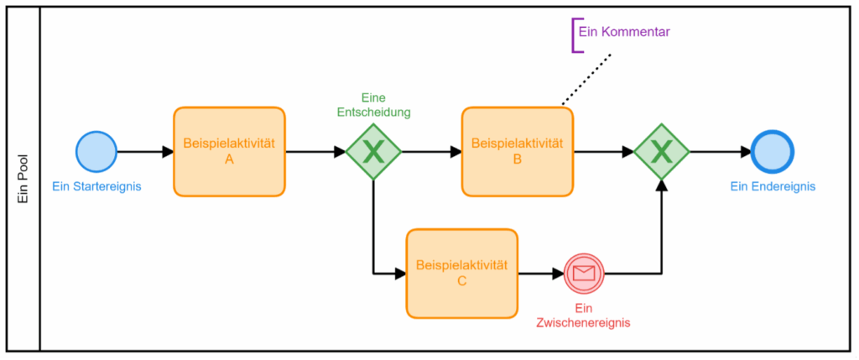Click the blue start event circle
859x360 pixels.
click(x=96, y=152)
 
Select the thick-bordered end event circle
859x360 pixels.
click(x=773, y=152)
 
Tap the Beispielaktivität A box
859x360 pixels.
click(x=230, y=151)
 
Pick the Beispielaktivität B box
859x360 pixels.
click(x=518, y=151)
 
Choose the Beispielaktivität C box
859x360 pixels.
click(x=462, y=273)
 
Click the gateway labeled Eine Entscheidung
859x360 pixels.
click(x=373, y=152)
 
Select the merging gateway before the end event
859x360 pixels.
click(x=662, y=152)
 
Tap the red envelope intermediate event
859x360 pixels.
click(x=584, y=273)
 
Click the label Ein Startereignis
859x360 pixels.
click(x=97, y=186)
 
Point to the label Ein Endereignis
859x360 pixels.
click(x=773, y=186)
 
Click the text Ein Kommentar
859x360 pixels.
click(x=624, y=32)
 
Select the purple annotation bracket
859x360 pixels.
click(x=574, y=35)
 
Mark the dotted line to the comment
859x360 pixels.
click(x=586, y=79)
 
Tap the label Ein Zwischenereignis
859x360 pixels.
click(x=584, y=315)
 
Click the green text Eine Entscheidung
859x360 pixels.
click(x=373, y=105)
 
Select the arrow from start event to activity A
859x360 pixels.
click(x=145, y=152)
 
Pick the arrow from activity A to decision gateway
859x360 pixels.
click(x=315, y=152)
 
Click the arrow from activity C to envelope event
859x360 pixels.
click(x=541, y=273)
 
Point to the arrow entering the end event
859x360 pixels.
click(x=721, y=152)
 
